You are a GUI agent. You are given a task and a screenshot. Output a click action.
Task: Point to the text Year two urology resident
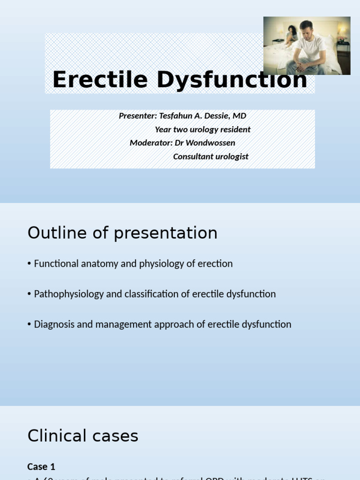202,129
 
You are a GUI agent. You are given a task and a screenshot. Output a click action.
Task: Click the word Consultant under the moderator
193,156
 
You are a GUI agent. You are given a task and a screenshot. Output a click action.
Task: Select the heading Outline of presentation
122,233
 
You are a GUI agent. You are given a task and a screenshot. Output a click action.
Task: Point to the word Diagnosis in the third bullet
53,324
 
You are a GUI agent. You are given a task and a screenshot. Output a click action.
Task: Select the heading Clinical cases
83,436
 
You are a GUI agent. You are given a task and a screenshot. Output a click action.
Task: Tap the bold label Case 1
41,466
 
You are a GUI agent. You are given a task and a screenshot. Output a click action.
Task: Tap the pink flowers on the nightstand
342,38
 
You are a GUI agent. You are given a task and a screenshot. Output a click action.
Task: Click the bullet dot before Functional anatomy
30,264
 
